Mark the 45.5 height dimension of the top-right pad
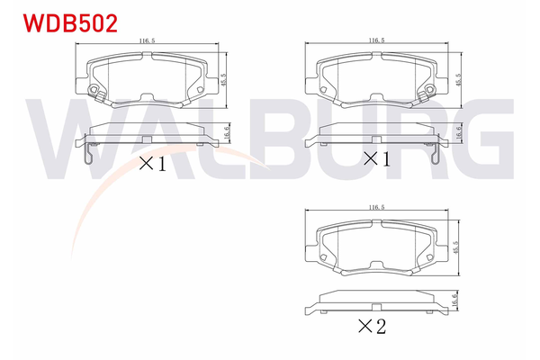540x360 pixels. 459,78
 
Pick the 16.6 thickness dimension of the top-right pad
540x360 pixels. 459,131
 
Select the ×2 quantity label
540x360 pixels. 371,327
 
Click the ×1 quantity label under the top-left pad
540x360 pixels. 150,163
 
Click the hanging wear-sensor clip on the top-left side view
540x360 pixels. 85,154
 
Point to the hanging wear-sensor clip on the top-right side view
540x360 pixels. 436,154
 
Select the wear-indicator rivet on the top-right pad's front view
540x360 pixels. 430,90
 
